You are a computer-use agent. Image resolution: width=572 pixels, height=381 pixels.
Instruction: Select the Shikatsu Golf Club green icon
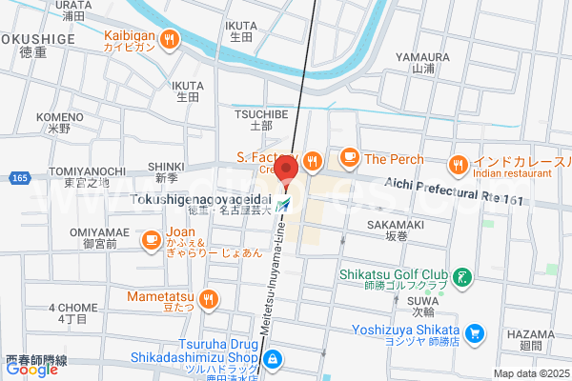(x=462, y=278)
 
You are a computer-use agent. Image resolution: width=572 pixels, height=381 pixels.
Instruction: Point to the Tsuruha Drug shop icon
(x=273, y=359)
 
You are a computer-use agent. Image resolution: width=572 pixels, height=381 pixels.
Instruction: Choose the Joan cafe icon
(x=151, y=242)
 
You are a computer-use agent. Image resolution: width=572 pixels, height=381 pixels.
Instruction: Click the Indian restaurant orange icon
(x=459, y=164)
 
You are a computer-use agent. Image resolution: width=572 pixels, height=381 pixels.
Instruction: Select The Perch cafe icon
(x=350, y=158)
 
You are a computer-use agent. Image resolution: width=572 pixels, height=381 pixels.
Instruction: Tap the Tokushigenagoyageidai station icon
(x=285, y=204)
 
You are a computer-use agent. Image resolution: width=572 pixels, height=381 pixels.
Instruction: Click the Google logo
(x=31, y=370)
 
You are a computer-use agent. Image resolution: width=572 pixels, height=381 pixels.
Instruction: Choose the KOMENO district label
(x=60, y=117)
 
